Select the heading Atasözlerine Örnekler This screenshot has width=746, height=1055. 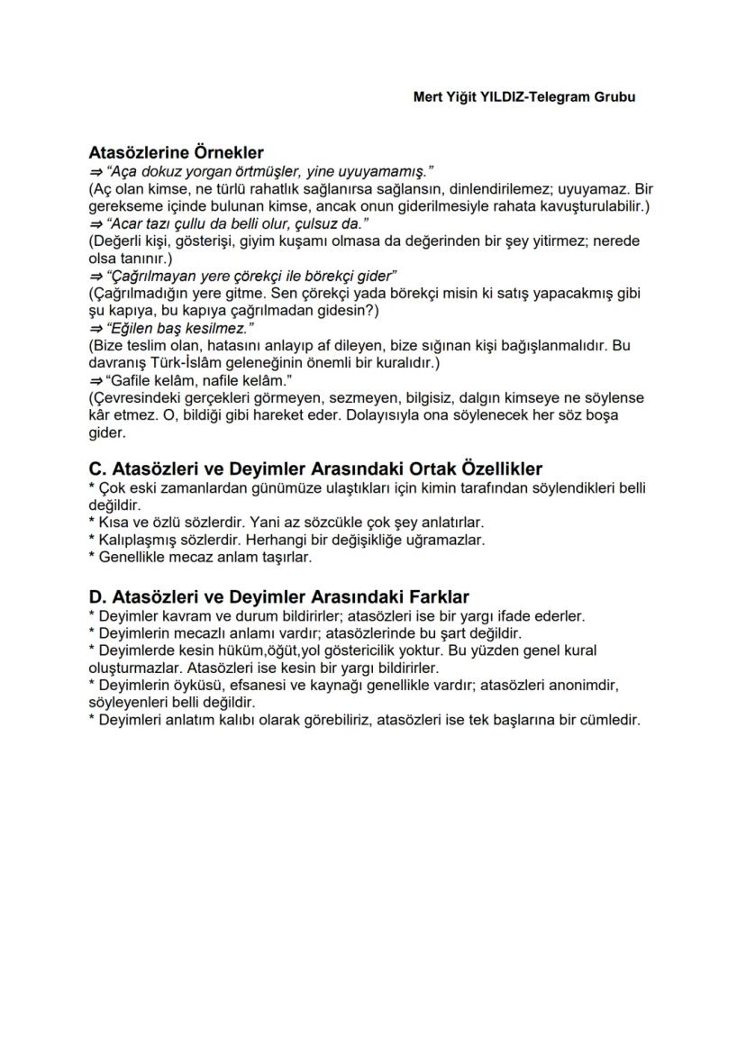click(176, 153)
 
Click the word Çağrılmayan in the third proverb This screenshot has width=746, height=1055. click(150, 275)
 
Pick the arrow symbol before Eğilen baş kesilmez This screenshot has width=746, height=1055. click(95, 327)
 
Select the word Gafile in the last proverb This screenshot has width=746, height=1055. click(128, 379)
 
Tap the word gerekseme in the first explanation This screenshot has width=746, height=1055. click(123, 205)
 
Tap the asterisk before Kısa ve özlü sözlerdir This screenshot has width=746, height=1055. click(92, 522)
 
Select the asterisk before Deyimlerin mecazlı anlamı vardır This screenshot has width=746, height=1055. click(92, 632)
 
